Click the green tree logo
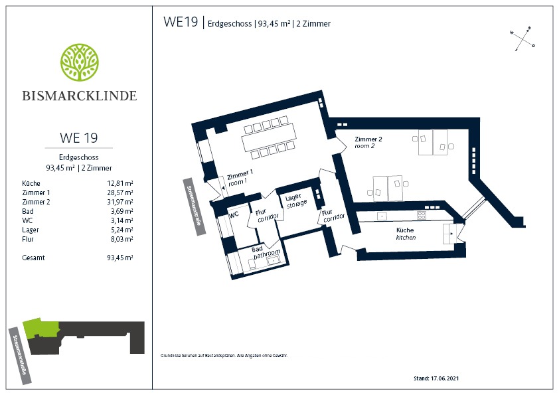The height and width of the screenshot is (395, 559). coord(80,63)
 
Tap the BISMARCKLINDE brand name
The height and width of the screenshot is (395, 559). coord(80,96)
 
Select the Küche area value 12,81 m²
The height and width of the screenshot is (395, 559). coord(120,183)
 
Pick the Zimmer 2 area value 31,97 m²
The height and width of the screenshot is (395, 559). coord(120,202)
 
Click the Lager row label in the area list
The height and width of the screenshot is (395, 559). coord(31,230)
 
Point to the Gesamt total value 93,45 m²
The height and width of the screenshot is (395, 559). coord(120,258)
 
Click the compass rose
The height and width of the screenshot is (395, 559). coord(522,39)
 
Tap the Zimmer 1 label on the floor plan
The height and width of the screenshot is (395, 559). coord(239,177)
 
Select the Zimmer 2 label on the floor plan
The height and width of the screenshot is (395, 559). coord(368,142)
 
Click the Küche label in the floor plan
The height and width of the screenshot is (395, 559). coord(406,234)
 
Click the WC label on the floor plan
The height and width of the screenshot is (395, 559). coord(234,214)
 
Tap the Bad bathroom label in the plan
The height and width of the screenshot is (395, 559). coord(266,252)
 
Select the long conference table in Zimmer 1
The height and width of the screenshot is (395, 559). coord(269,137)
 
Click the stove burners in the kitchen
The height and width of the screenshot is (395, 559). coord(422,215)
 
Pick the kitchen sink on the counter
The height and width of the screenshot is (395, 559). coord(382,216)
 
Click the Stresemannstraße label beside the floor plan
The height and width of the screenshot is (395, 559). coord(195,206)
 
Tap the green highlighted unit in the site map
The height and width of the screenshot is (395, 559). coord(40,328)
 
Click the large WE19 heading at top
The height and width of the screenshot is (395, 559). coord(181,22)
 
